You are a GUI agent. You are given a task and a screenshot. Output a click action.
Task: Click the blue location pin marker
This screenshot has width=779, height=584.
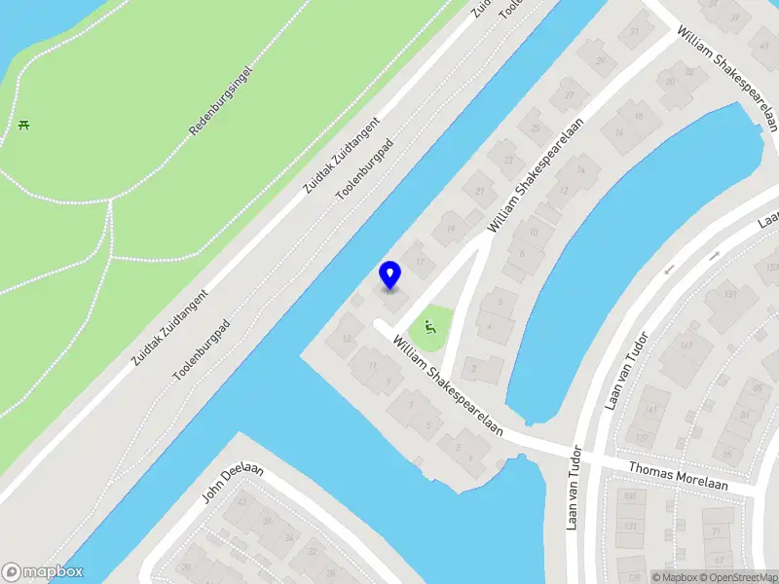tap(390, 274)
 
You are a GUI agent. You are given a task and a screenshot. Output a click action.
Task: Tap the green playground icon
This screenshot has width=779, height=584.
tap(430, 327)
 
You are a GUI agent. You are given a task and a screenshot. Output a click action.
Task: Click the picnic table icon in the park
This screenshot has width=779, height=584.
tap(22, 124)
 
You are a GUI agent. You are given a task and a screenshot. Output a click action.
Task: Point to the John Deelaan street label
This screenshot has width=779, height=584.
tap(233, 484)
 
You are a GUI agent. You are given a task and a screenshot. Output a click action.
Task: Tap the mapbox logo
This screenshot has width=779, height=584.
tap(42, 572)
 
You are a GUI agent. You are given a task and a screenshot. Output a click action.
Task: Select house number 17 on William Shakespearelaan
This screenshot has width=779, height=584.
tap(420, 260)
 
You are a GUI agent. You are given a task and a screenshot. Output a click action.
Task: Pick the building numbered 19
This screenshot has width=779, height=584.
tap(450, 229)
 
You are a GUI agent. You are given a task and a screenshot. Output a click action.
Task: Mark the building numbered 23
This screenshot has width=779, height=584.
tap(507, 159)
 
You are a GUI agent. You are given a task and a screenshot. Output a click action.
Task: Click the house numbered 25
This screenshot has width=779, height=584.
tap(535, 127)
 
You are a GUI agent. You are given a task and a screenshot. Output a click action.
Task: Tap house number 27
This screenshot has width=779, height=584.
tap(569, 95)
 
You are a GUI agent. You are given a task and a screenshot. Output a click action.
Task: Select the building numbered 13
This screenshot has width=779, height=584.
tap(347, 339)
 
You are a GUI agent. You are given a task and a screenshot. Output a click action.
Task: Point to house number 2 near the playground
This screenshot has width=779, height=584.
tap(473, 368)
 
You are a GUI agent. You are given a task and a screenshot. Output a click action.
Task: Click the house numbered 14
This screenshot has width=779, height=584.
tap(582, 170)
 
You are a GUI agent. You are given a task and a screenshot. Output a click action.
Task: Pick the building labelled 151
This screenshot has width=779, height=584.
tap(729, 295)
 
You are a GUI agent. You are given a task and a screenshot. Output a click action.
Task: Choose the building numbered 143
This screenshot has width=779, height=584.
tap(687, 345)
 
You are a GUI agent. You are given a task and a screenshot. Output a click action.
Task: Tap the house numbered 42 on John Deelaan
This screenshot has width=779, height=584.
tap(241, 502)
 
